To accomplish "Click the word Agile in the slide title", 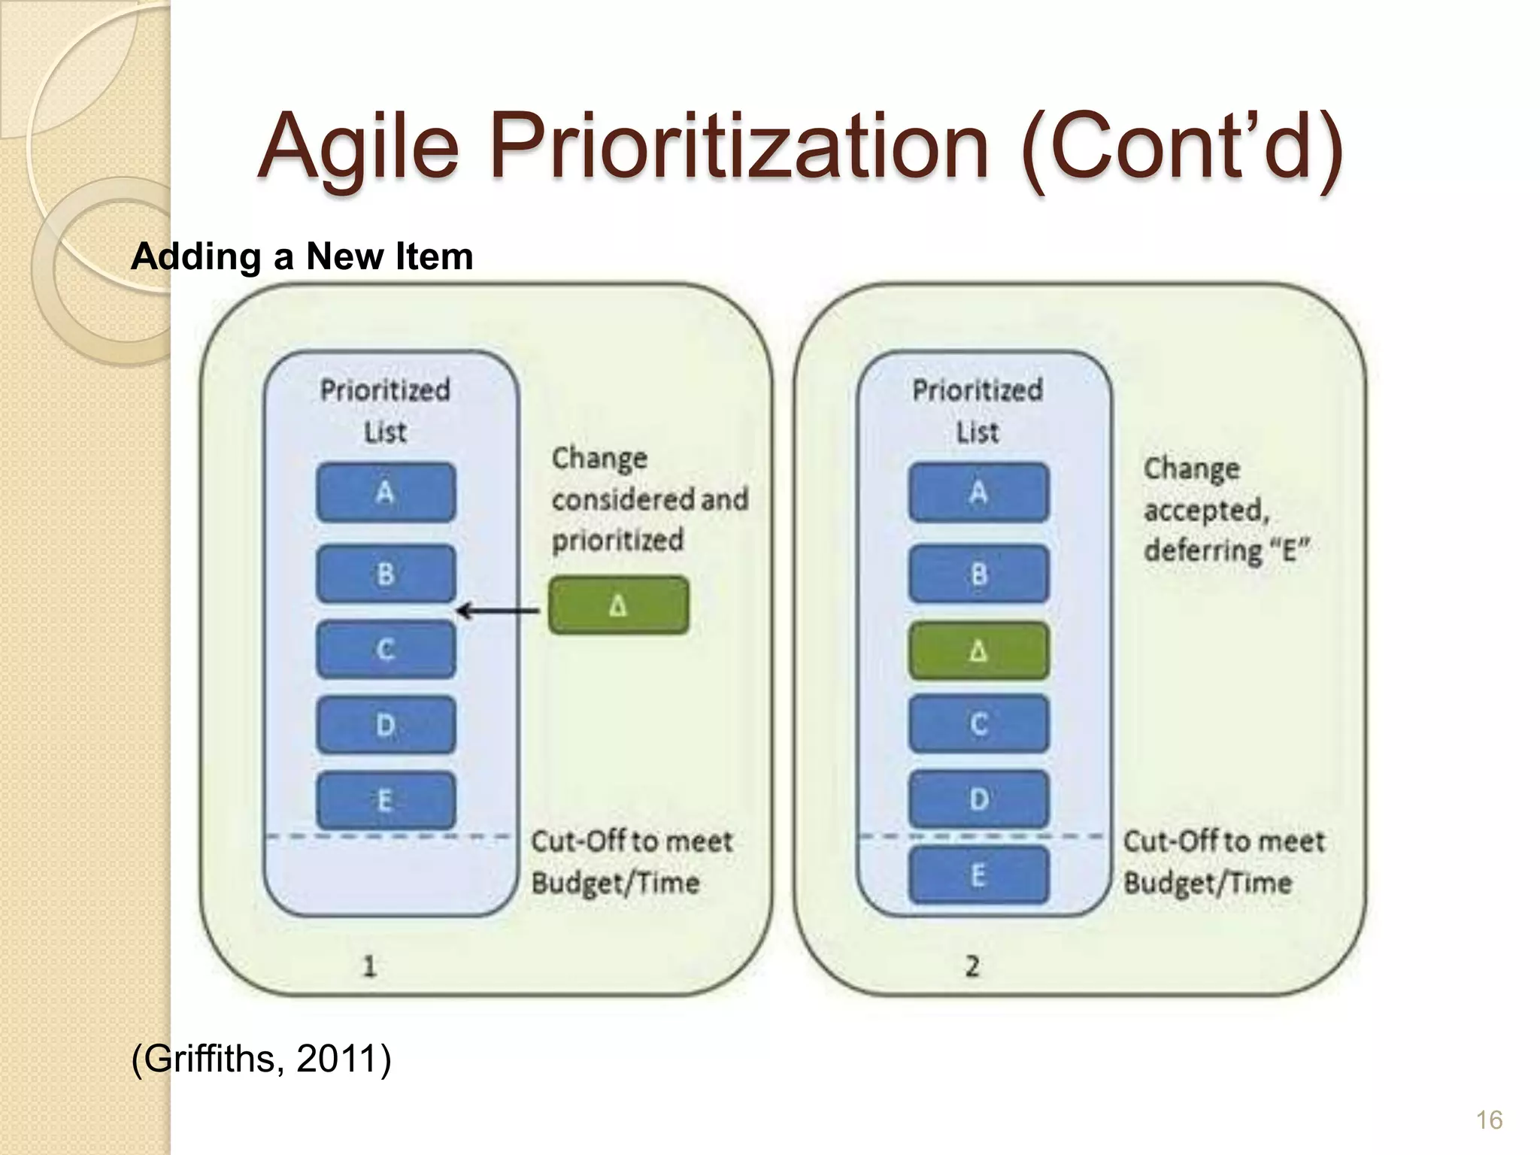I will [358, 147].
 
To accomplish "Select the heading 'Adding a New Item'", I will [302, 256].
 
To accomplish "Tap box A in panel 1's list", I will [386, 493].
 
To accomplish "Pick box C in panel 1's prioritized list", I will [386, 649].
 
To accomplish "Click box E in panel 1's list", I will [386, 799].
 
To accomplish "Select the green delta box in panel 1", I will [618, 605].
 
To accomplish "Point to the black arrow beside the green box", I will [498, 611].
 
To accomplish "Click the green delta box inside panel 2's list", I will [978, 650].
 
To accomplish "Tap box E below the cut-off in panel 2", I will [978, 875].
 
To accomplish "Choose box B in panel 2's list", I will [978, 574].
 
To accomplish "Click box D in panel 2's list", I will [978, 799].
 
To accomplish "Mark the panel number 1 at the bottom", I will [369, 966].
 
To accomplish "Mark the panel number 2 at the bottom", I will [972, 966].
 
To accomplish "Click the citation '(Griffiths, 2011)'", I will [261, 1059].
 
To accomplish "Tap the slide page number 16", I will [1488, 1120].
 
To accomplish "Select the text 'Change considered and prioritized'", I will [649, 499].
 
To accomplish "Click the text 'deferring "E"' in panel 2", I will [1226, 550].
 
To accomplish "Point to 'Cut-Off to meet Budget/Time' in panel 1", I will [631, 861].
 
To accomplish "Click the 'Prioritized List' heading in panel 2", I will [977, 410].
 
